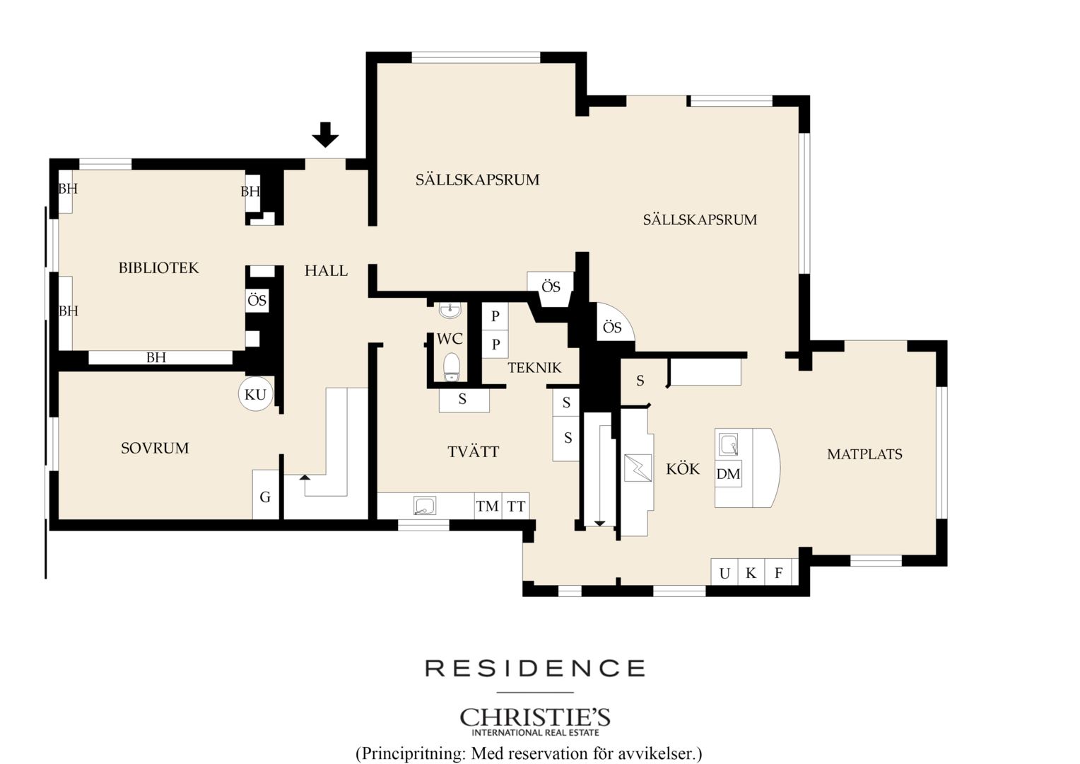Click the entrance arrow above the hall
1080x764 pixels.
point(325,134)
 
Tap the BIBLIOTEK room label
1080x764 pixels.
point(158,268)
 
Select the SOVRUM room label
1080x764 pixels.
point(155,448)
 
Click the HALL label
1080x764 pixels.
point(326,271)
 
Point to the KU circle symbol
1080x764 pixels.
point(256,394)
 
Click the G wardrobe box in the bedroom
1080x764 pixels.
point(266,494)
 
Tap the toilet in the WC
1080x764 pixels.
point(452,367)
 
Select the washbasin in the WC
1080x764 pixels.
point(450,311)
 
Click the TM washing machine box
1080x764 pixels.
point(488,506)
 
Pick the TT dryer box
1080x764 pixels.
point(516,506)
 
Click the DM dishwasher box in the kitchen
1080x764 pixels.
point(728,473)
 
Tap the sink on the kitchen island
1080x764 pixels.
point(728,444)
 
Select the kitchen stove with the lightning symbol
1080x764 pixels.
point(638,468)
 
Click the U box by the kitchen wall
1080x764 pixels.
point(724,572)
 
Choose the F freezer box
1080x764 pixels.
point(778,572)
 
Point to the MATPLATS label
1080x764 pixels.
point(864,454)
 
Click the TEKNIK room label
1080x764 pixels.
point(534,368)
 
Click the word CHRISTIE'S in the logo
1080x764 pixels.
point(535,717)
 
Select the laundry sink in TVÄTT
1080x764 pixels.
point(425,505)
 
